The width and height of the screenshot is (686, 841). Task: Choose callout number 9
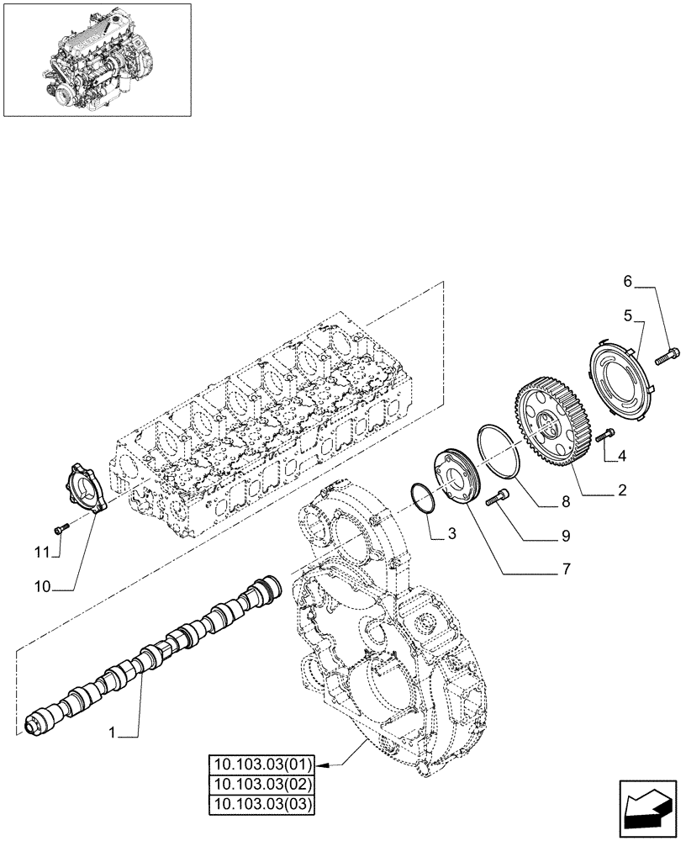(566, 535)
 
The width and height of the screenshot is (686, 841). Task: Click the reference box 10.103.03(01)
(263, 764)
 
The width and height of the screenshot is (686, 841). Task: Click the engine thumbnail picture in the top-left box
(97, 60)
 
